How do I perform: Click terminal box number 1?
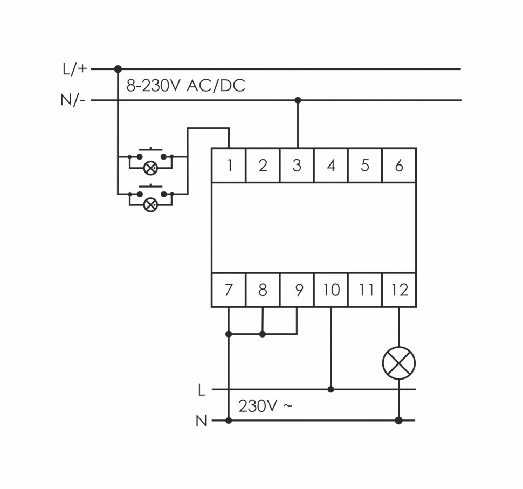[x=229, y=165]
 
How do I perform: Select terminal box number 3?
[x=297, y=165]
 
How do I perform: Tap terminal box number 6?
[x=399, y=165]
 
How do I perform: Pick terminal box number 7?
[x=229, y=290]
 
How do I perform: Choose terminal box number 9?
[x=297, y=290]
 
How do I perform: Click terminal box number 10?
[x=331, y=290]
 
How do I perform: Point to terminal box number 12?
[x=399, y=290]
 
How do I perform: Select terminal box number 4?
[x=331, y=165]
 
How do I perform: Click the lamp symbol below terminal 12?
[x=399, y=362]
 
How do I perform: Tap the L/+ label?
[x=74, y=68]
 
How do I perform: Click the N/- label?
[x=73, y=100]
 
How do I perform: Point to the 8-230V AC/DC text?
[x=185, y=86]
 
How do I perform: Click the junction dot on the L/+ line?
[x=118, y=69]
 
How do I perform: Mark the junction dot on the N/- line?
[x=297, y=100]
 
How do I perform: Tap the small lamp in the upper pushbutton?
[x=150, y=168]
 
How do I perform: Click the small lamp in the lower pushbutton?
[x=150, y=204]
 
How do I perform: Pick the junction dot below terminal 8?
[x=263, y=334]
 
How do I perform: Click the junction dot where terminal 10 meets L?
[x=331, y=389]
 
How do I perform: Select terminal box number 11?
[x=366, y=290]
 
